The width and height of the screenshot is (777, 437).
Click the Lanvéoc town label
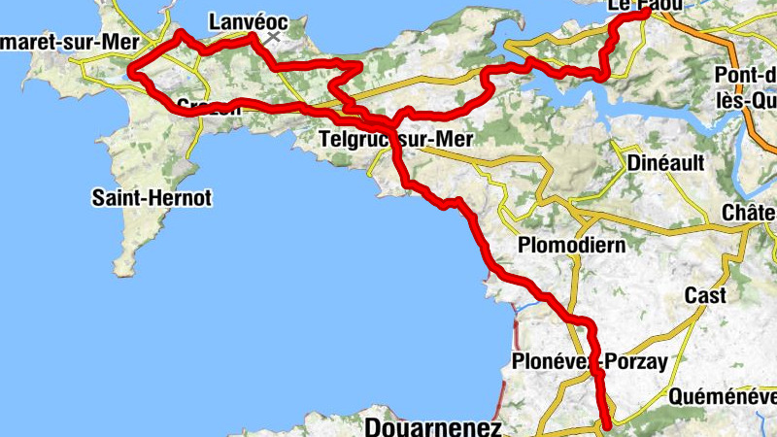coord(249,21)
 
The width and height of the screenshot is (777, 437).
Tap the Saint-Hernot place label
coord(152,198)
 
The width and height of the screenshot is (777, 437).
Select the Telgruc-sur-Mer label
coord(395,140)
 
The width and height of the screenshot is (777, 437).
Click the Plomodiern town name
coord(572,244)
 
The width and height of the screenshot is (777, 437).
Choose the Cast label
coord(705,295)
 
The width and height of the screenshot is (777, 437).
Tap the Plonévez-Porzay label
coord(590,363)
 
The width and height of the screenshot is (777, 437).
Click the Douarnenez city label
coord(433,427)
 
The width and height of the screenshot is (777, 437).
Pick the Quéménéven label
coord(723,396)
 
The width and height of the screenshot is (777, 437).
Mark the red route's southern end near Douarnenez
coord(608,424)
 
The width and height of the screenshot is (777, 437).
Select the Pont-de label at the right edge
coord(744,76)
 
